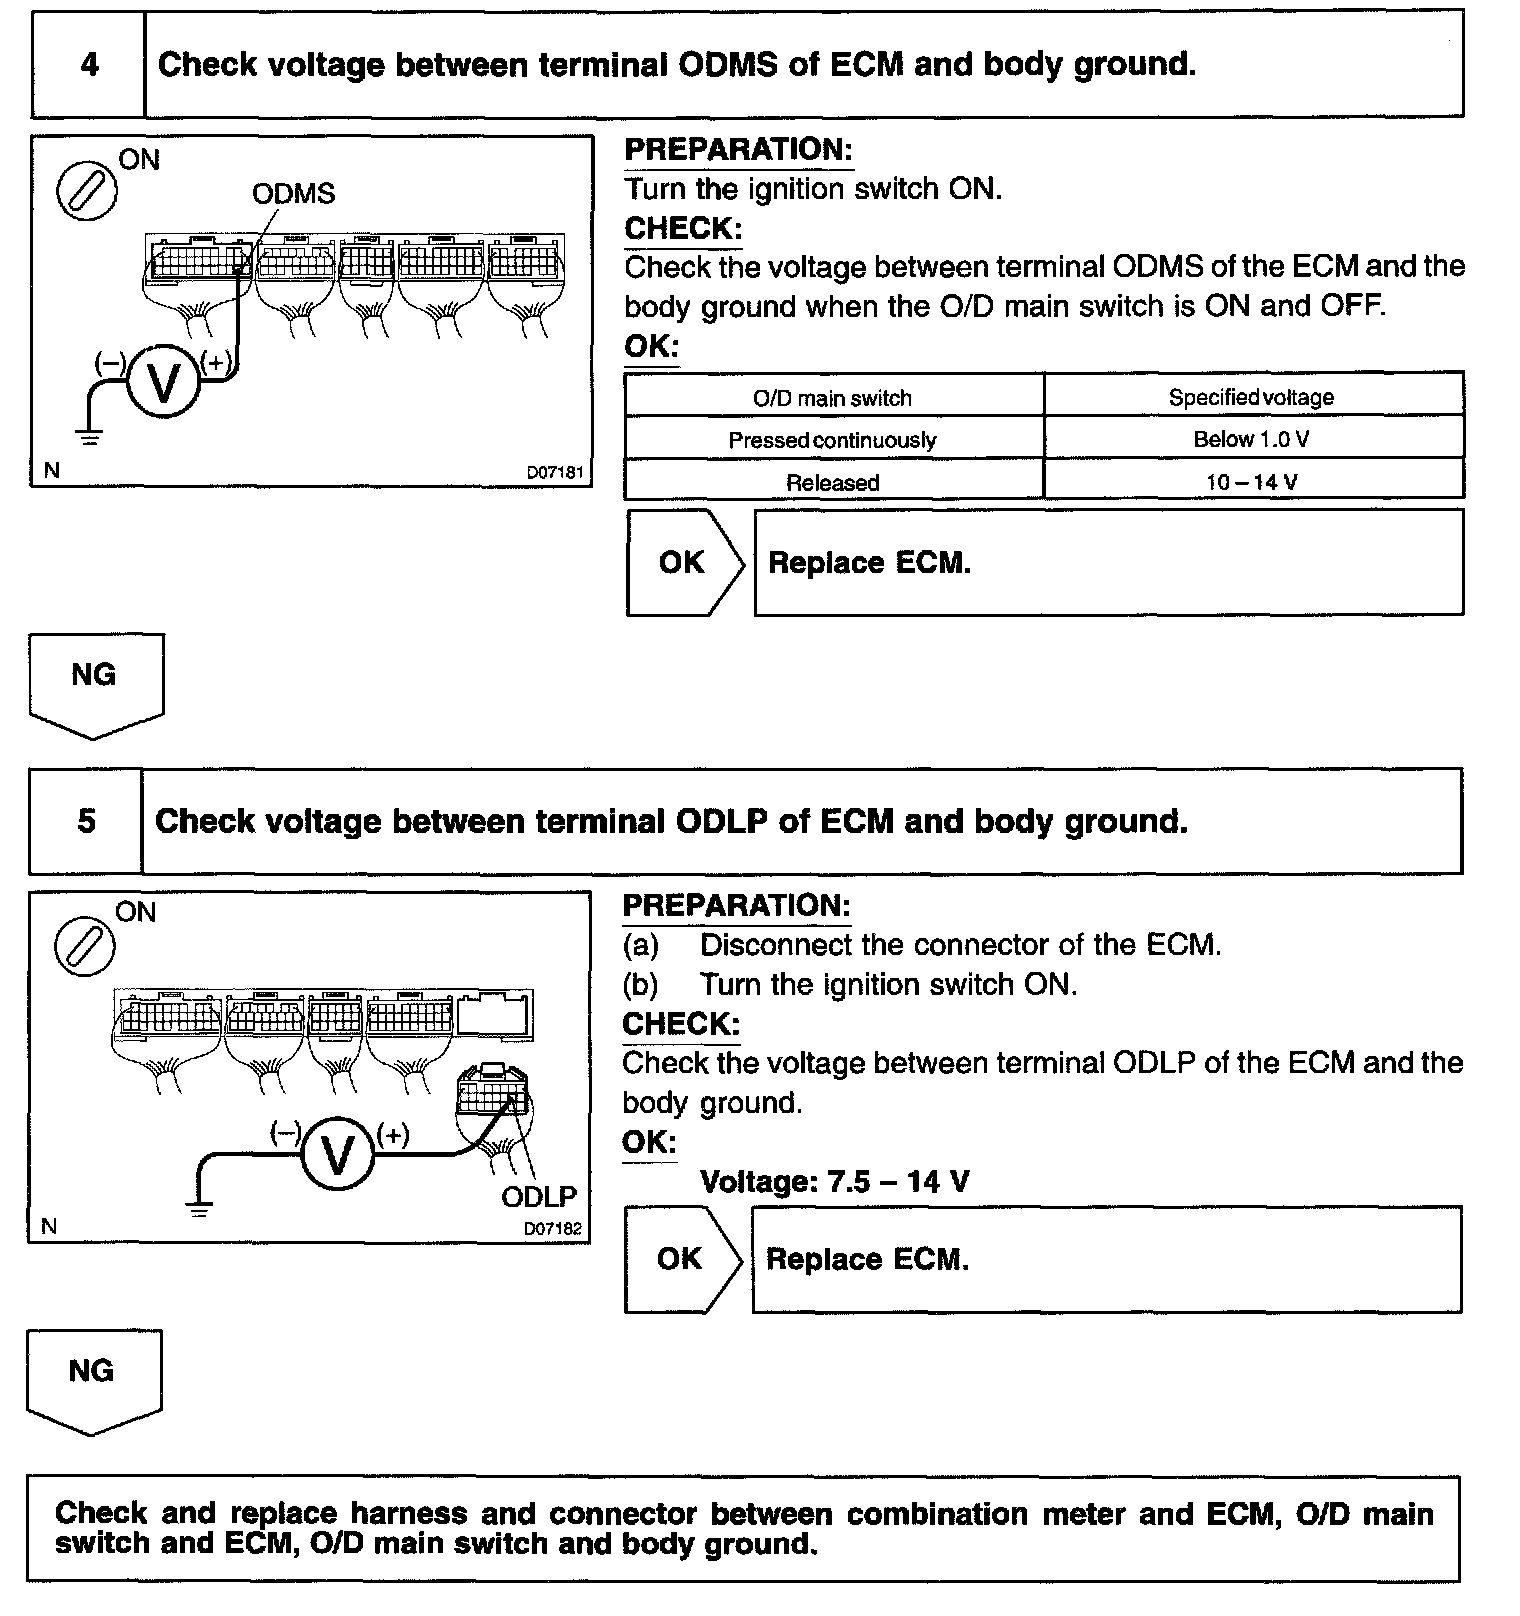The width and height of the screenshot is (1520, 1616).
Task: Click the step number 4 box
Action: coord(89,66)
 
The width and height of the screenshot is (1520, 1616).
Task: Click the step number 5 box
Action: coord(86,822)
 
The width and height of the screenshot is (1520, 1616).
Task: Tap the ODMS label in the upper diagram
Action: coord(293,194)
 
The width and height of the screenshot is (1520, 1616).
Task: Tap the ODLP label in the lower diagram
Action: coord(539,1196)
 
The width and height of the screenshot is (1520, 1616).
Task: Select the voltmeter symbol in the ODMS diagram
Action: coord(162,381)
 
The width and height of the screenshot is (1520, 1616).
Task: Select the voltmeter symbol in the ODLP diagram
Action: coord(338,1154)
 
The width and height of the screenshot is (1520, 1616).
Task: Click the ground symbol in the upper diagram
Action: coord(89,437)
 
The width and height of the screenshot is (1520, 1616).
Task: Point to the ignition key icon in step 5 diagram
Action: coord(84,945)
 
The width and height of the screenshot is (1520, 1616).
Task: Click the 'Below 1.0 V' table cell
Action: coord(1251,439)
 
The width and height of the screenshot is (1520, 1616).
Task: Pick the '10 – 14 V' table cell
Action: coord(1251,482)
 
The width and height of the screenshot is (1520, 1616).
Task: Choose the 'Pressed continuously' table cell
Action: coord(832,440)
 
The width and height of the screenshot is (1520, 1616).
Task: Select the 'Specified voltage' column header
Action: coord(1251,397)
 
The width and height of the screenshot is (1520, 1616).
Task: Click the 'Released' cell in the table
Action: coord(832,482)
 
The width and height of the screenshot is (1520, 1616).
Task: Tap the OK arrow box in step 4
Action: coord(684,563)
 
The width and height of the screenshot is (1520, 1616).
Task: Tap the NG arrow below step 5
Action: coord(92,1378)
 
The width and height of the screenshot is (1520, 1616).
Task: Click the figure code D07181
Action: coord(554,472)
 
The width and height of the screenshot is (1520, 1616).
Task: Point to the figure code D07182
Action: coord(552,1228)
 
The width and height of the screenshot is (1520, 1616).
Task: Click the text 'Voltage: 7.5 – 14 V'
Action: coord(834,1182)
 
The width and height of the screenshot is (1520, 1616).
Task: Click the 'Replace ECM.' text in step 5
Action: coord(867,1259)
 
